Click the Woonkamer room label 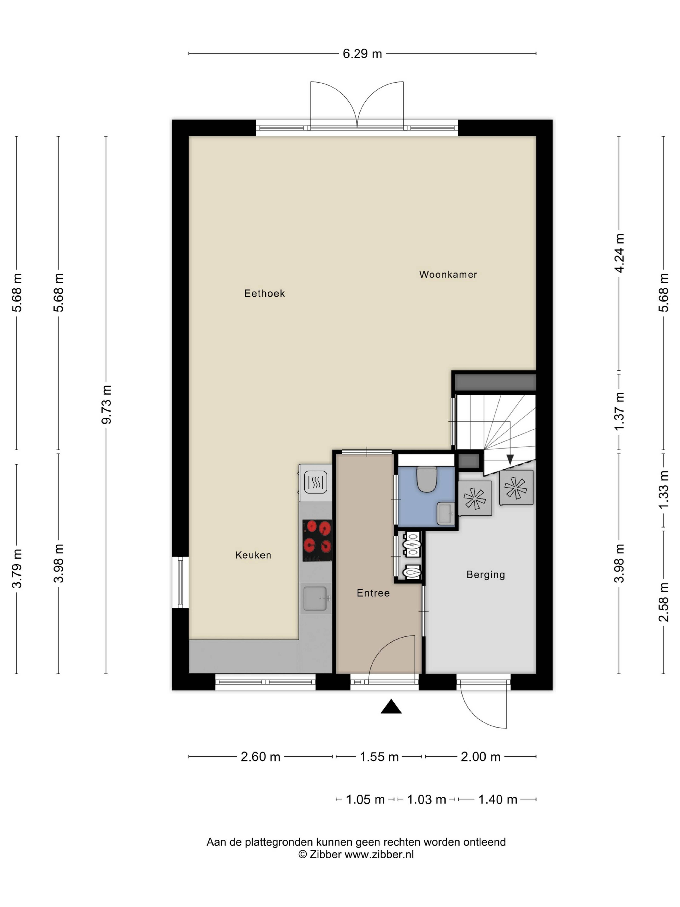click(448, 274)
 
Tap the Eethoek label click(264, 293)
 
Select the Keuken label click(253, 555)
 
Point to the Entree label click(373, 593)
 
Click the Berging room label click(486, 574)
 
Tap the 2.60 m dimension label click(260, 757)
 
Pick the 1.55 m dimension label click(379, 757)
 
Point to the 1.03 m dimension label click(426, 799)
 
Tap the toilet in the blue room click(427, 479)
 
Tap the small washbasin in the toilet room click(446, 513)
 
